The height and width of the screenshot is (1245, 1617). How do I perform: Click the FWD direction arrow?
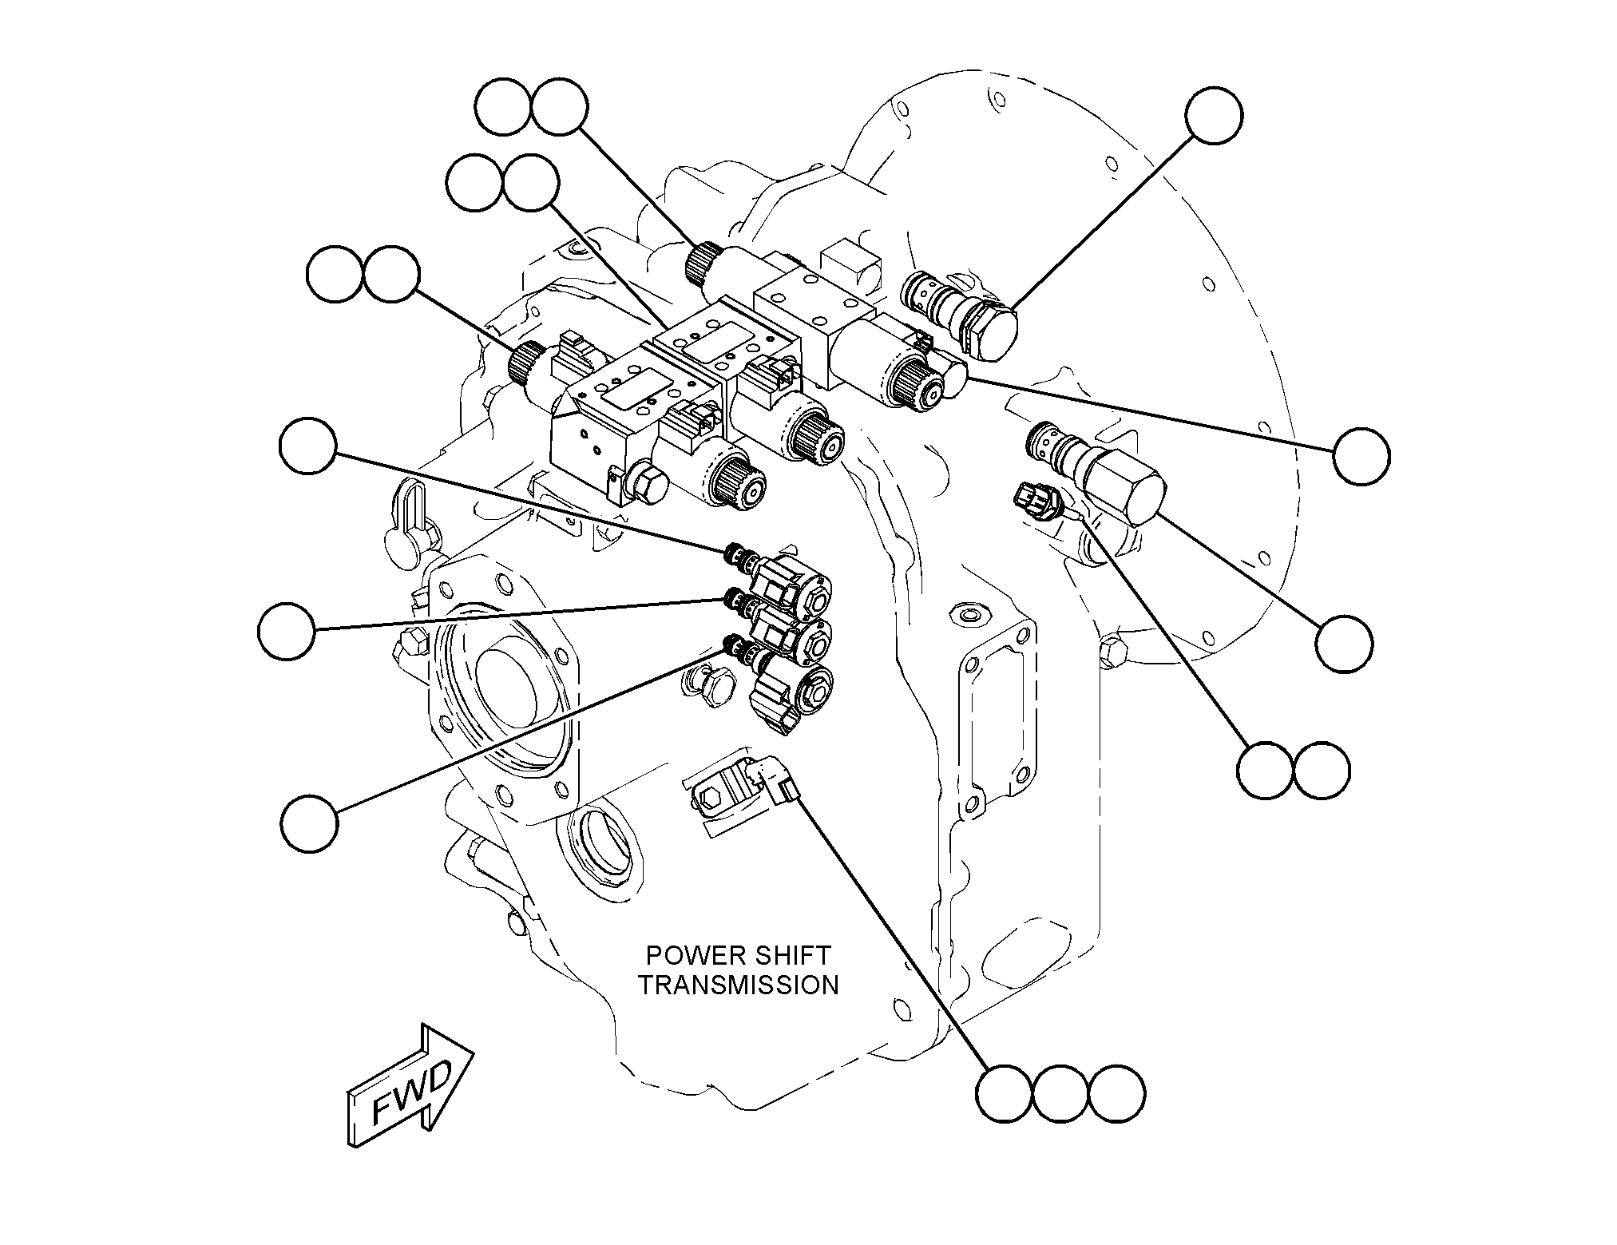[x=409, y=1086]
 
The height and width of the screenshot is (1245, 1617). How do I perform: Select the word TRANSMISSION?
[x=739, y=985]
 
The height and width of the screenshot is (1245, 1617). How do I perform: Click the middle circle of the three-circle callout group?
[x=1060, y=1093]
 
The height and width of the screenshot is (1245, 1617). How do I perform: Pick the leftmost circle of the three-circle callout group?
[x=1005, y=1093]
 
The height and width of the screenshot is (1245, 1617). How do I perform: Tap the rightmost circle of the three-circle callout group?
[x=1117, y=1093]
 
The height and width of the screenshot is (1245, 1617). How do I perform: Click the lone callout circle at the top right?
[x=1215, y=116]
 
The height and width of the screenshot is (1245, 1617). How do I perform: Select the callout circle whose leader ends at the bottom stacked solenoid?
[x=309, y=823]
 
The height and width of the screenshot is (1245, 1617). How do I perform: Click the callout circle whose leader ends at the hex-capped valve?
[x=1345, y=644]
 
